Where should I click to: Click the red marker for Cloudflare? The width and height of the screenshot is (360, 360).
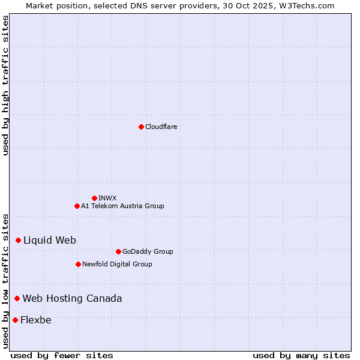tap(141, 127)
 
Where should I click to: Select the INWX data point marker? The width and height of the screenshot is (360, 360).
tap(94, 198)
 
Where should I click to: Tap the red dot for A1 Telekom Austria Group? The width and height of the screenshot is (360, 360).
tap(77, 206)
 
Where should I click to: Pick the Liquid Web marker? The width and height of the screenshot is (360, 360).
tap(18, 240)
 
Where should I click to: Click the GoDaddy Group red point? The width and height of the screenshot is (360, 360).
tap(118, 251)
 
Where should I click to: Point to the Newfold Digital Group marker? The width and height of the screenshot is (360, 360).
tap(78, 264)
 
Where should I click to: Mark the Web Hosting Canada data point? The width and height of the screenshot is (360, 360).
tap(17, 298)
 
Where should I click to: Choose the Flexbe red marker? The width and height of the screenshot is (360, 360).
tap(15, 320)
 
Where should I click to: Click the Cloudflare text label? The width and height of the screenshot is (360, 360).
tap(161, 127)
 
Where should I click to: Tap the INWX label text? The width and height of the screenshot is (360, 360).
tap(107, 198)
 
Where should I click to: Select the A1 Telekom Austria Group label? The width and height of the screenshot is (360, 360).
tap(122, 206)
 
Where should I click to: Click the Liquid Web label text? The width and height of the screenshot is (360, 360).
tap(50, 240)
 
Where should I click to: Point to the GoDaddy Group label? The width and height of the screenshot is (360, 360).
tap(148, 251)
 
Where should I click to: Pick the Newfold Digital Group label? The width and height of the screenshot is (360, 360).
tap(117, 264)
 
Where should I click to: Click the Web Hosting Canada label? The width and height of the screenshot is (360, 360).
tap(72, 298)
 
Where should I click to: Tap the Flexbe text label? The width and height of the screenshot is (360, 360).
tap(36, 320)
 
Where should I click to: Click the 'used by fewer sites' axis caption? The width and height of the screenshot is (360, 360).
tap(62, 355)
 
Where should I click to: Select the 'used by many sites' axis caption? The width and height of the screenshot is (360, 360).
tap(301, 355)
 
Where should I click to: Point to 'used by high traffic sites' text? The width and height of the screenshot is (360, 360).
tap(5, 85)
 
